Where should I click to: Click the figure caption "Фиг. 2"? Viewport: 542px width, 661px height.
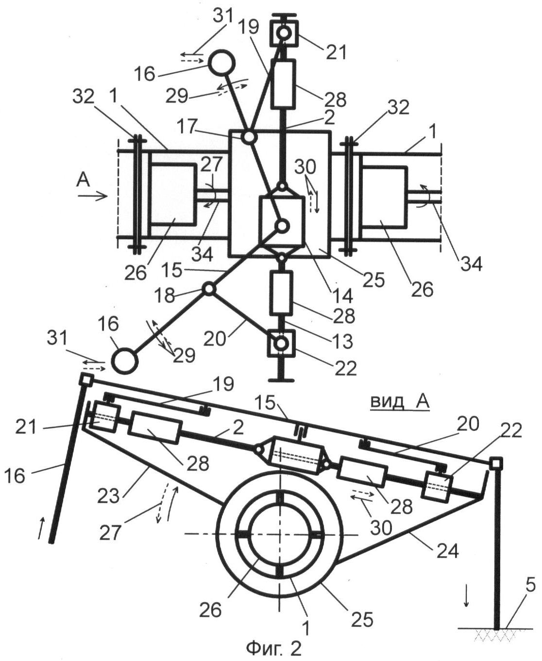pos(274,647)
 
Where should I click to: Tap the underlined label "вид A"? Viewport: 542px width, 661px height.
pos(400,401)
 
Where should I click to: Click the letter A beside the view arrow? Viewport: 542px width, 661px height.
pos(84,181)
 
